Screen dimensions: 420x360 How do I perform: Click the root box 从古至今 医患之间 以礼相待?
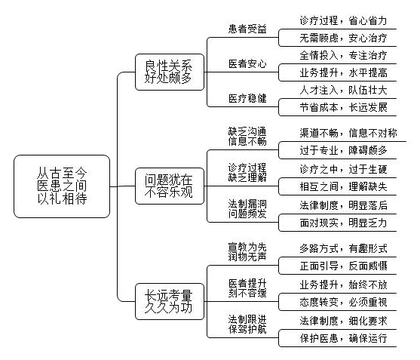pyautogui.click(x=62, y=186)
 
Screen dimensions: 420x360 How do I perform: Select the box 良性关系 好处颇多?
pyautogui.click(x=170, y=72)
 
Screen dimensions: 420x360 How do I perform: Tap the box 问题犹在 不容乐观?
pyautogui.click(x=170, y=186)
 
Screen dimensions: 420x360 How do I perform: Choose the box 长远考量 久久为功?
pyautogui.click(x=170, y=301)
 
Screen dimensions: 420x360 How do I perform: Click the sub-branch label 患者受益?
pyautogui.click(x=247, y=29)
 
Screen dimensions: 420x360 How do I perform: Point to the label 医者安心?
pyautogui.click(x=247, y=64)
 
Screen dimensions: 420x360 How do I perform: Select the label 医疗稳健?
pyautogui.click(x=247, y=99)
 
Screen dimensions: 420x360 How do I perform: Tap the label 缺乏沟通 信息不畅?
pyautogui.click(x=247, y=136)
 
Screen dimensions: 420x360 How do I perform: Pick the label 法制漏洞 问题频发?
pyautogui.click(x=247, y=209)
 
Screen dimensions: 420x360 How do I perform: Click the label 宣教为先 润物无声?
pyautogui.click(x=247, y=252)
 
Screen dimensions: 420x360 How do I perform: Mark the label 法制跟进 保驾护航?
pyautogui.click(x=247, y=324)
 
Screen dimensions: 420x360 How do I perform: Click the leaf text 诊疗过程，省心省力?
pyautogui.click(x=343, y=20)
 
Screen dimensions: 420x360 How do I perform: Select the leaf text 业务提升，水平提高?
pyautogui.click(x=343, y=72)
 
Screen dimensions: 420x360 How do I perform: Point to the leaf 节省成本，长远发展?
pyautogui.click(x=343, y=107)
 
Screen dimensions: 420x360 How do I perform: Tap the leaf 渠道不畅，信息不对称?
pyautogui.click(x=348, y=133)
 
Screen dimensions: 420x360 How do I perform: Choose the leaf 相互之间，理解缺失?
pyautogui.click(x=343, y=186)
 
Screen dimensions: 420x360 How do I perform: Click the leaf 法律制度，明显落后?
pyautogui.click(x=343, y=205)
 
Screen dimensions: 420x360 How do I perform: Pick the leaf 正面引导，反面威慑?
pyautogui.click(x=343, y=266)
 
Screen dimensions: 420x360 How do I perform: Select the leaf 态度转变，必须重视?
pyautogui.click(x=343, y=302)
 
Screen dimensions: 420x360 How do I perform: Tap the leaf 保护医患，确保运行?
pyautogui.click(x=343, y=338)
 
